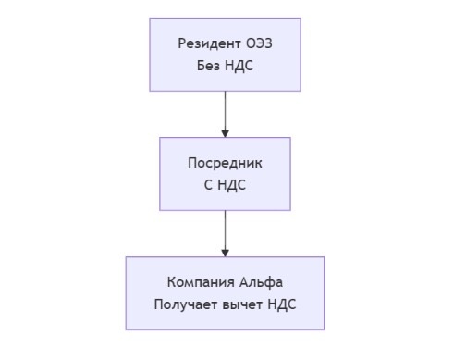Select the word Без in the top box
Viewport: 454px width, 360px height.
(x=209, y=66)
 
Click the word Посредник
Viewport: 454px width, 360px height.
(x=225, y=163)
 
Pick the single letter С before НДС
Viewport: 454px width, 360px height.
(x=208, y=185)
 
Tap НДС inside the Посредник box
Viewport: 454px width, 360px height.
(x=231, y=185)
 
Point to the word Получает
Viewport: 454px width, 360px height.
(x=182, y=304)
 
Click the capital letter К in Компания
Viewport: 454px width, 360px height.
(x=172, y=282)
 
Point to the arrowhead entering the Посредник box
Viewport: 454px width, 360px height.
(x=225, y=134)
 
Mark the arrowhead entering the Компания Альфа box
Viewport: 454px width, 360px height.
(x=225, y=253)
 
